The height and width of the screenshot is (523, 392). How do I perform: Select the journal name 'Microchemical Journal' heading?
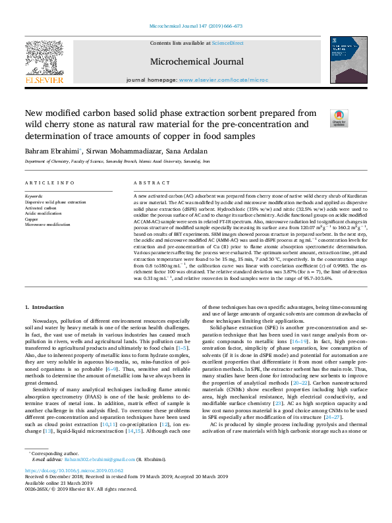tap(196, 61)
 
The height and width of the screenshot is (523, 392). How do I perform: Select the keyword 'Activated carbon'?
tap(41, 207)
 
